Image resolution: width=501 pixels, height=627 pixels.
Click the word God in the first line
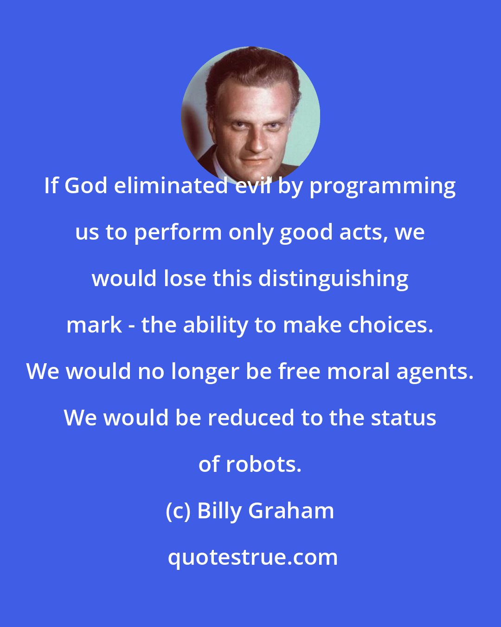[x=87, y=186]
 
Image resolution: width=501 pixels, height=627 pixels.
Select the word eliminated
[x=171, y=186]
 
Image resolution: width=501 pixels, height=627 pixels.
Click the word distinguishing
[x=333, y=280]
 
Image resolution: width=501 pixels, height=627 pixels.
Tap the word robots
[x=263, y=464]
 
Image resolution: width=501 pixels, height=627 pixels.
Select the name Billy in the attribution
[x=219, y=511]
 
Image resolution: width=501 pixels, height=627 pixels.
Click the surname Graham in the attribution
[x=291, y=511]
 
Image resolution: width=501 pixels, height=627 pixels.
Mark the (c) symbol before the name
[x=178, y=511]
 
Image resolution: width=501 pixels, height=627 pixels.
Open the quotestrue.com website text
[x=252, y=557]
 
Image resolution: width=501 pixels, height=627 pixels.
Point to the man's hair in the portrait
[x=250, y=70]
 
